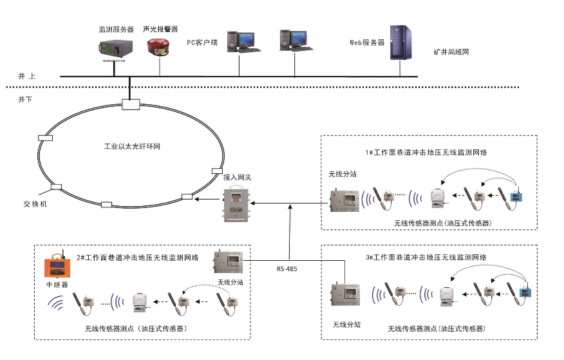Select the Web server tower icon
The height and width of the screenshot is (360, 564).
[x=401, y=42]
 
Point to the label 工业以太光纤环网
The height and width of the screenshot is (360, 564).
[x=132, y=146]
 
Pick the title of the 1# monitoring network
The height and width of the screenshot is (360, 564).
[x=426, y=153]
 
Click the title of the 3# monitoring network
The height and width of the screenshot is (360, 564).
[x=426, y=257]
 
